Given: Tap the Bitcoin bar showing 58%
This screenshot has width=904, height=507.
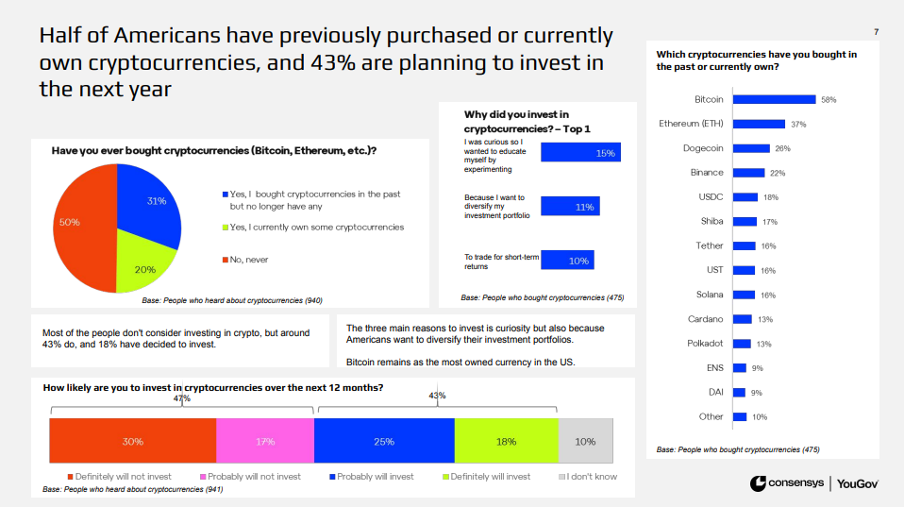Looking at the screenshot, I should pos(774,99).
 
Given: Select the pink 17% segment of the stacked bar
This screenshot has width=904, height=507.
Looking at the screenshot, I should pos(264,441).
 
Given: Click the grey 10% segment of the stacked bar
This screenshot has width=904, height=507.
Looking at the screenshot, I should pos(585,441).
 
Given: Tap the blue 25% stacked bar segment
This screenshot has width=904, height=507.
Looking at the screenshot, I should pos(383,441).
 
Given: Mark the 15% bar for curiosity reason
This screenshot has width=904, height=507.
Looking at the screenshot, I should pos(580,153).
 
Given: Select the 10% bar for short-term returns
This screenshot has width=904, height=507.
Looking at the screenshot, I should pos(567,261).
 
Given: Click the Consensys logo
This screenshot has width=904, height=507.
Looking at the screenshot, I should pos(785,483).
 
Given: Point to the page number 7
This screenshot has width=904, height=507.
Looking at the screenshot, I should pos(877,33).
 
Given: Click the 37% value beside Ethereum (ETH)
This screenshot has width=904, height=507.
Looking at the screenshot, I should pos(798,124).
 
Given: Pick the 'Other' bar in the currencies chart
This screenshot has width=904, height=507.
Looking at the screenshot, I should pos(739,416).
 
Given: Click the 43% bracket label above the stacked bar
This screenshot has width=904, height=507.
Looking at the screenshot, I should pos(437,396).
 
